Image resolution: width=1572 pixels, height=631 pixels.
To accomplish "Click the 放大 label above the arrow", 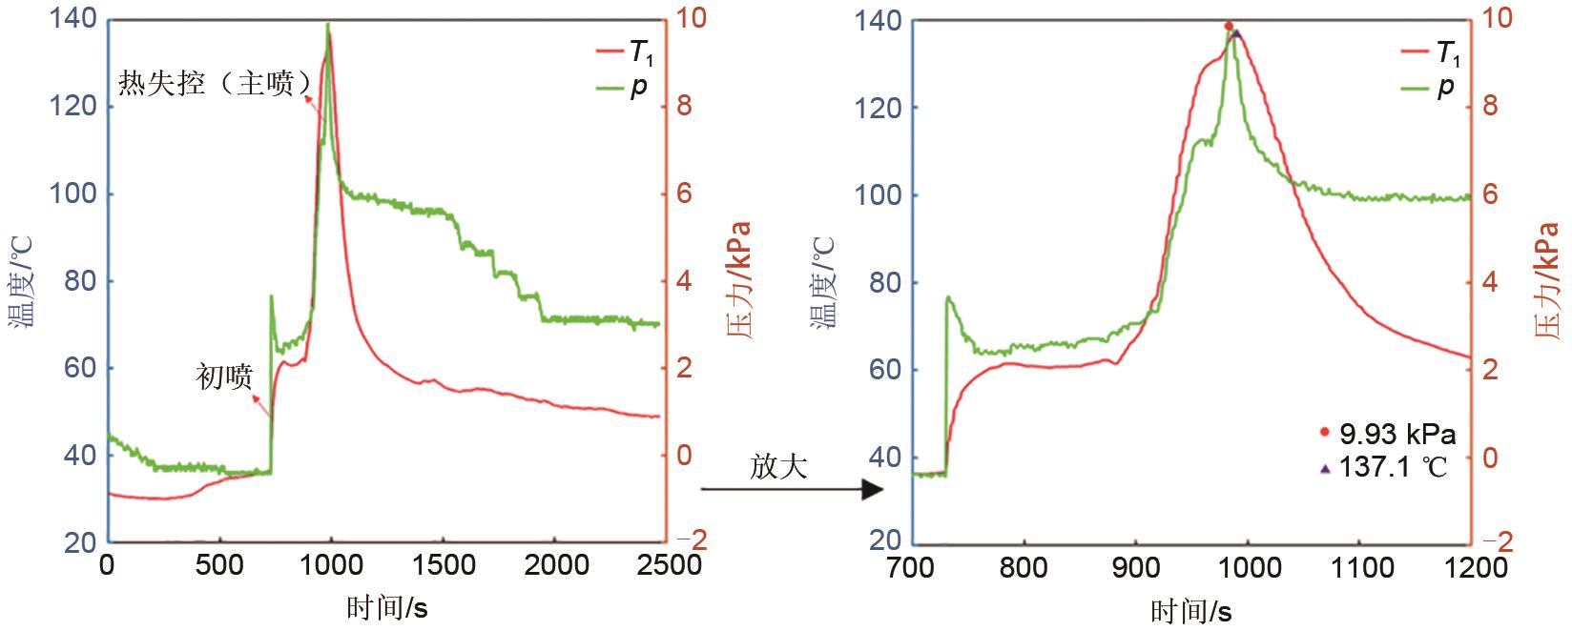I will tap(778, 466).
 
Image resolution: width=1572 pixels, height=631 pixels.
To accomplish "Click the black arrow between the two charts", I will tap(793, 490).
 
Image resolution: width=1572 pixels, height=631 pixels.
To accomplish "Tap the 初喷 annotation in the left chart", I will tap(225, 377).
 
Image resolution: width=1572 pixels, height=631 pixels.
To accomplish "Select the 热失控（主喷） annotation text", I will tap(215, 84).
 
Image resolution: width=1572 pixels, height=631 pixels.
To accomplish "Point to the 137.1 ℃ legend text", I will tap(1394, 468).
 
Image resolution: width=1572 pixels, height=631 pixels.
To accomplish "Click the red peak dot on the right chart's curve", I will tap(1229, 27).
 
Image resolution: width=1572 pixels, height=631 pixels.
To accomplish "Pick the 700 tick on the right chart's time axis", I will tap(910, 569).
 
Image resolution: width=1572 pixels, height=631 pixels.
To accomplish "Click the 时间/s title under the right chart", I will tap(1190, 610).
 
